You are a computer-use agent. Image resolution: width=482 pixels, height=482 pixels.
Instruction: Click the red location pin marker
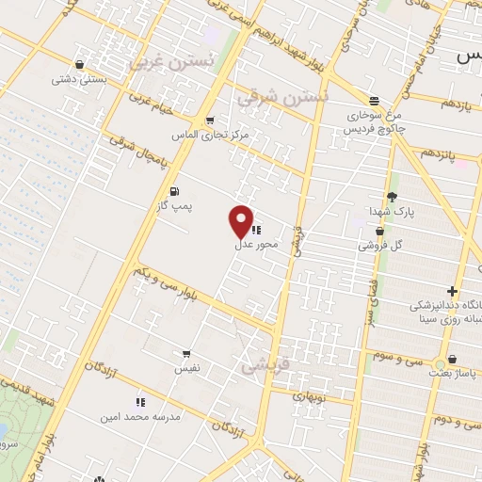pos(241,220)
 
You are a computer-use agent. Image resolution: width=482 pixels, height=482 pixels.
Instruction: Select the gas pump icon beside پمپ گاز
pos(173,192)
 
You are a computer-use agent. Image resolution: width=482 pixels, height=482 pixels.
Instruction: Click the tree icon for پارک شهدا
pos(391,195)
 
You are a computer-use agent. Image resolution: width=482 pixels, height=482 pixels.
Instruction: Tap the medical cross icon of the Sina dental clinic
pos(454,292)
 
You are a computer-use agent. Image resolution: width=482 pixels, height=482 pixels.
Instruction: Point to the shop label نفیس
pos(185,370)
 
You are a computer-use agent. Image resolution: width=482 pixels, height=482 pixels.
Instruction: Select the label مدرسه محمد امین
pos(143,415)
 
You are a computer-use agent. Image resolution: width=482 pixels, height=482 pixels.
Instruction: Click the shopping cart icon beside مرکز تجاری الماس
pos(208,120)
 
